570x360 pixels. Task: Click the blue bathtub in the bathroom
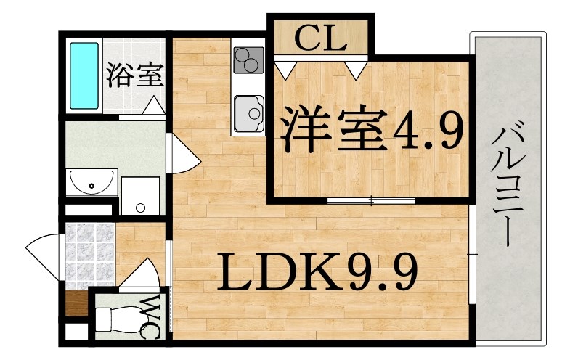coord(84,75)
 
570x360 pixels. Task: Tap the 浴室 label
coord(135,75)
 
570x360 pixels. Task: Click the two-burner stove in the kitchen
coord(249,60)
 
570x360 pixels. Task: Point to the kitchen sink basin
coord(249,114)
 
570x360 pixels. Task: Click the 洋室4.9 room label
coord(373,128)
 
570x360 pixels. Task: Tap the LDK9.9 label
coord(317,271)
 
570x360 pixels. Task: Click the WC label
coord(150,317)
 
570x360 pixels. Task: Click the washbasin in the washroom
coord(91,183)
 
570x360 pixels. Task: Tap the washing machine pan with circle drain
coord(140,196)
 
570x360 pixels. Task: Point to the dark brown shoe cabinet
coord(77,303)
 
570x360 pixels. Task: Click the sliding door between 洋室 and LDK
coord(371,200)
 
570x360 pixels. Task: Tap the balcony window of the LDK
coord(471,254)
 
